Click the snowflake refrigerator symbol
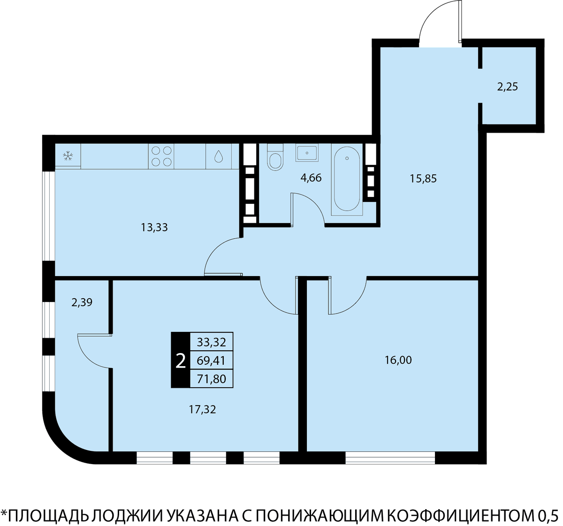click(68, 156)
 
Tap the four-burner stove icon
click(161, 156)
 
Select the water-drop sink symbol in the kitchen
click(219, 156)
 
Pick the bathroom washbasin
click(307, 152)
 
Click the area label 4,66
click(311, 178)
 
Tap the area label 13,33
click(154, 227)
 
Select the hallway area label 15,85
click(423, 179)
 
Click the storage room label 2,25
click(508, 87)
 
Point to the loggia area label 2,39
click(82, 303)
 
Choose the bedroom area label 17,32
click(202, 409)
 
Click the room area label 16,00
click(398, 360)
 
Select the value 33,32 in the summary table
click(212, 342)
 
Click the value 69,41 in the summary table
click(212, 361)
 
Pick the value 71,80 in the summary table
click(212, 379)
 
